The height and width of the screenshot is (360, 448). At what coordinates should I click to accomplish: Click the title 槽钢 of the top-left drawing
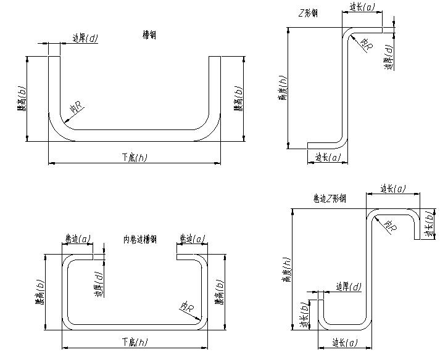(149, 35)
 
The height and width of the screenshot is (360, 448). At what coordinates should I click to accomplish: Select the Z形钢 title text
(307, 13)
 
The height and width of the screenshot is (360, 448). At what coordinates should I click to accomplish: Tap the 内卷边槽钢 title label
(140, 239)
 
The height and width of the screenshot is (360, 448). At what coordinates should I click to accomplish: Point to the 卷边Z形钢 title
(330, 198)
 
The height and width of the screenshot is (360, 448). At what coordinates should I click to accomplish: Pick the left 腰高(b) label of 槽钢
(22, 99)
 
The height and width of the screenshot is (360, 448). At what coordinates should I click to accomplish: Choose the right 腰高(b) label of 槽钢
(238, 99)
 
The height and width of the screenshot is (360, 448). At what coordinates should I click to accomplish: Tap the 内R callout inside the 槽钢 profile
(77, 109)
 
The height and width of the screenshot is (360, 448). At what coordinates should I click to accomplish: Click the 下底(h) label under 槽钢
(134, 158)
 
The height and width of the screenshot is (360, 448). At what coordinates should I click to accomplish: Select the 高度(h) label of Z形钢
(283, 88)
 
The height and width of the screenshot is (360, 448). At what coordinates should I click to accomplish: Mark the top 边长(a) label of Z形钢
(362, 7)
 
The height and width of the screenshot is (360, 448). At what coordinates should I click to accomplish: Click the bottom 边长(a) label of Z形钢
(328, 158)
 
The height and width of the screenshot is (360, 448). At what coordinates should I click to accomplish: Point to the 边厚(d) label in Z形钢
(388, 57)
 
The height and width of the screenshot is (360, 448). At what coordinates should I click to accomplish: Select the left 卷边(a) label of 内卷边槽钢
(77, 238)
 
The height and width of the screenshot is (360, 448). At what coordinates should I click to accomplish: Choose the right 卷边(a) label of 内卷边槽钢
(191, 238)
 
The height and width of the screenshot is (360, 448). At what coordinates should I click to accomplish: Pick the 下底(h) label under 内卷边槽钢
(134, 342)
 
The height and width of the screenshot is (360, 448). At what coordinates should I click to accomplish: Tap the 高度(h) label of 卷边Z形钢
(286, 270)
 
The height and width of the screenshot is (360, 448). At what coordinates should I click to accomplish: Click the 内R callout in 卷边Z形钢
(390, 226)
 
